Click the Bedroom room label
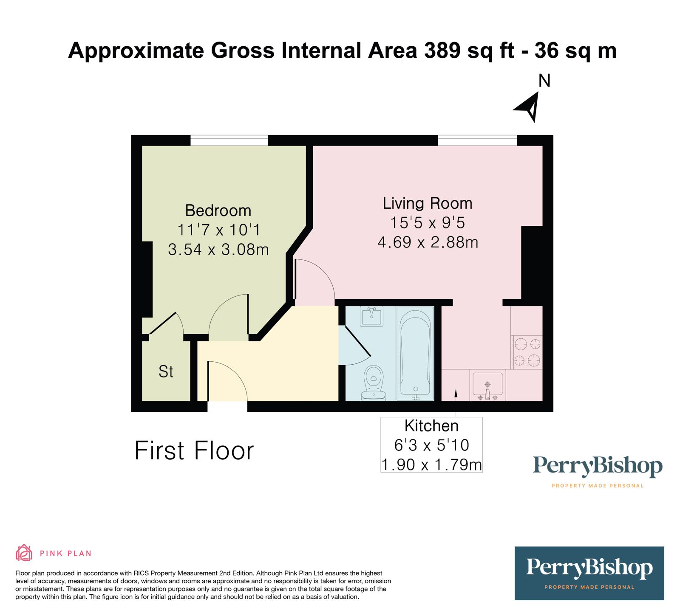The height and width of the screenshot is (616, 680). tap(218, 211)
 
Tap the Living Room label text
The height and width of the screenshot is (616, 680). tap(428, 203)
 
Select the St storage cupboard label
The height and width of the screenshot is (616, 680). tap(166, 371)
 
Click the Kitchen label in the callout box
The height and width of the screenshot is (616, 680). tap(431, 426)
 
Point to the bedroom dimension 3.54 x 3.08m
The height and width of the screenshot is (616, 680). tap(218, 250)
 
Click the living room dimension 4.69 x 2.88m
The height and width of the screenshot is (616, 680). tap(428, 242)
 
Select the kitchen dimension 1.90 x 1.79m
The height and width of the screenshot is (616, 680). tap(431, 465)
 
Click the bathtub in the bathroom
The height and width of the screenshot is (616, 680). tap(415, 354)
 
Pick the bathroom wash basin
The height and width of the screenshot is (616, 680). tap(372, 316)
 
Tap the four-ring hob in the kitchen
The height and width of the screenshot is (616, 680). tap(527, 352)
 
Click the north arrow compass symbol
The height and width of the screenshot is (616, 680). tap(529, 106)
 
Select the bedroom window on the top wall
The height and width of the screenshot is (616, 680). tap(229, 140)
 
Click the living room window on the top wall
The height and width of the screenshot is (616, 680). tap(477, 140)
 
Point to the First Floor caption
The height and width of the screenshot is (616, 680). tap(194, 450)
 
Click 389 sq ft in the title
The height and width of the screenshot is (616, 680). tap(469, 51)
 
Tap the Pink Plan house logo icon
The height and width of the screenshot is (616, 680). tap(24, 553)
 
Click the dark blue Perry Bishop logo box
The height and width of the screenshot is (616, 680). tap(589, 573)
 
